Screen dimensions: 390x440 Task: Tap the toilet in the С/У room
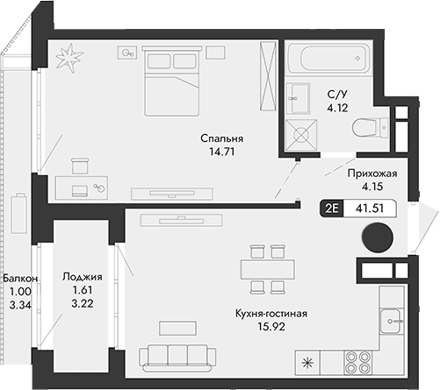tap(368, 128)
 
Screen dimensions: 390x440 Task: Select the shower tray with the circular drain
tap(300, 134)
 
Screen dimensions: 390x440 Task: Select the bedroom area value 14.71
tap(220, 152)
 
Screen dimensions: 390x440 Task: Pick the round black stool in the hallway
tap(379, 238)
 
